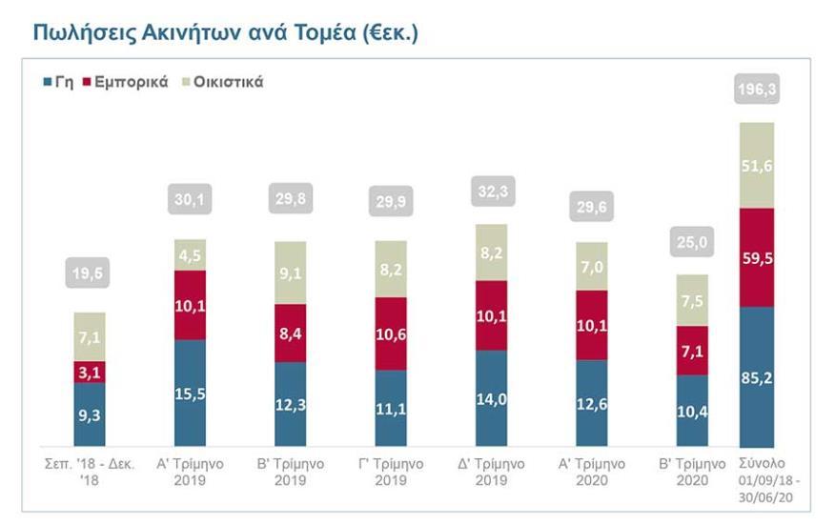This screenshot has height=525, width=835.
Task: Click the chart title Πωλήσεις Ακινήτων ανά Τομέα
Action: (x=226, y=32)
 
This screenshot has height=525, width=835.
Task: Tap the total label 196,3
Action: (x=757, y=91)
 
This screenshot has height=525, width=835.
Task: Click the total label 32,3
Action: (x=491, y=191)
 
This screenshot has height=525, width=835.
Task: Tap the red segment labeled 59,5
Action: (x=757, y=257)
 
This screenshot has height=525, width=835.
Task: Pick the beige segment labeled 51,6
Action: (x=757, y=165)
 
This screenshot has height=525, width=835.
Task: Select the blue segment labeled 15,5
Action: (x=190, y=393)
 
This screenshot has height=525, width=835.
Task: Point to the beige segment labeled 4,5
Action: (x=190, y=254)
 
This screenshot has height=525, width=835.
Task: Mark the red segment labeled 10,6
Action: (x=391, y=333)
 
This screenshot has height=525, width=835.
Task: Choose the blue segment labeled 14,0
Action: (x=491, y=398)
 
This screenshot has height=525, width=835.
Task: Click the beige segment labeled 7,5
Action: (x=691, y=300)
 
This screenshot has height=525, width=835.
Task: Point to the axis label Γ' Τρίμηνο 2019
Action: (x=391, y=472)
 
